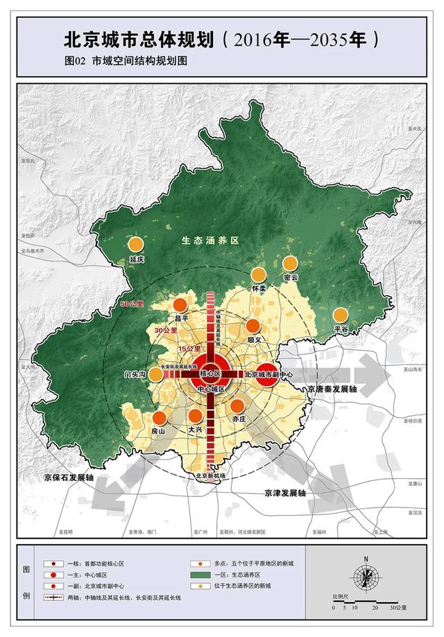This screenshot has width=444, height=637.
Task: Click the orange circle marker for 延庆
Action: point(136,244)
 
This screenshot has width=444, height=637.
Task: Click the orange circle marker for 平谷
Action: point(340,315)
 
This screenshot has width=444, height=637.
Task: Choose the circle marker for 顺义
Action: point(253,326)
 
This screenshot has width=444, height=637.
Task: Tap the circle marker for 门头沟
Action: point(156,374)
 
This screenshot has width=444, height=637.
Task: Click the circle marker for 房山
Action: point(160,417)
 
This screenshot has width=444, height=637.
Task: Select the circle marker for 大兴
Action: point(196,416)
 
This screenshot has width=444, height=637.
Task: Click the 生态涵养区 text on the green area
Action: point(210,241)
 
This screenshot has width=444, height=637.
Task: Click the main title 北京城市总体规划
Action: point(139,38)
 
